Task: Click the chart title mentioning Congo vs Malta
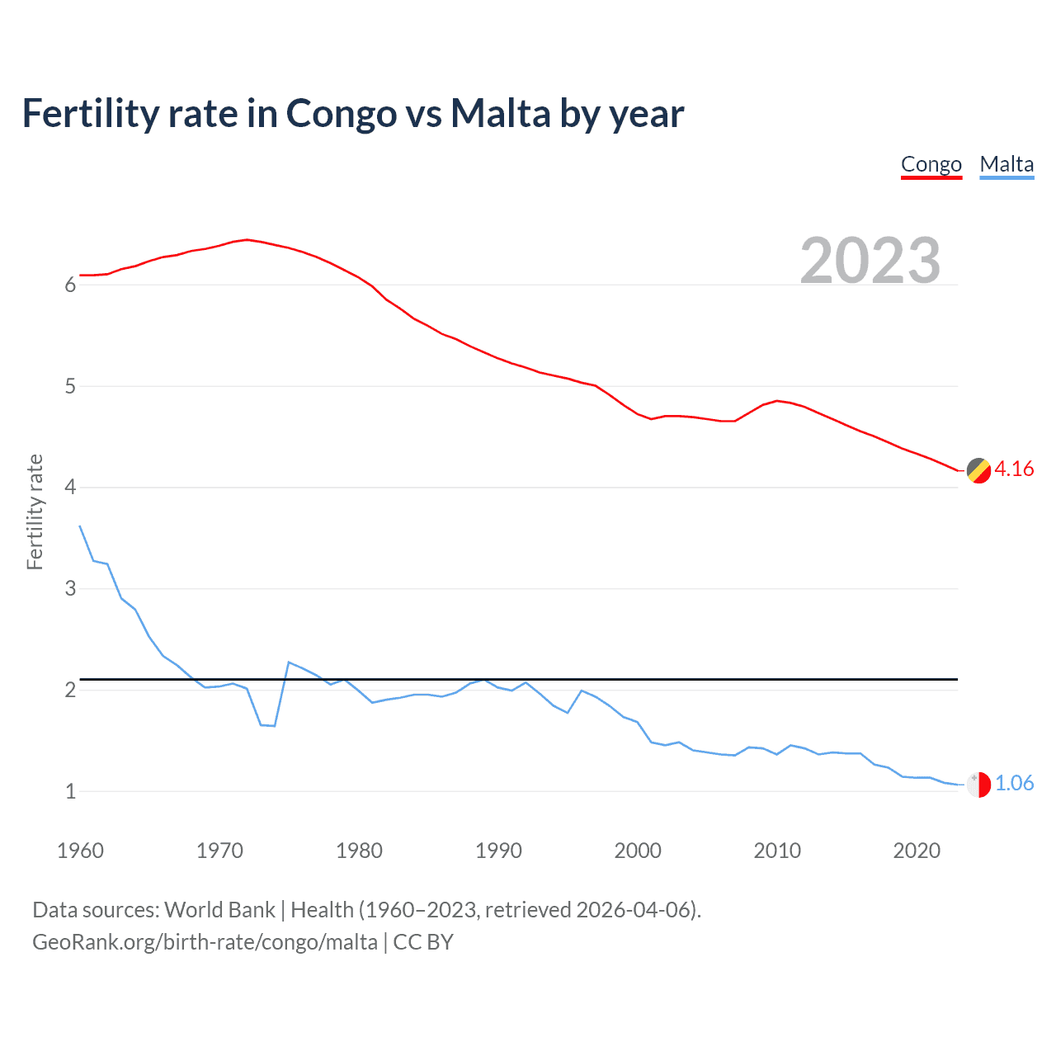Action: click(x=352, y=114)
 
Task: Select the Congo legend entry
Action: click(x=931, y=164)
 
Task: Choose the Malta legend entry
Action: click(x=1006, y=164)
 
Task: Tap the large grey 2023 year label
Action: click(x=870, y=261)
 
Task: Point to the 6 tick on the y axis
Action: click(x=70, y=285)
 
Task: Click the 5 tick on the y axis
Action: click(x=70, y=387)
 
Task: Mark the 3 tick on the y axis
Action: click(x=70, y=589)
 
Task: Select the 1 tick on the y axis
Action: click(x=70, y=792)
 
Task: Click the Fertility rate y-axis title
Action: click(x=35, y=511)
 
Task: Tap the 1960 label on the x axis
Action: click(x=80, y=851)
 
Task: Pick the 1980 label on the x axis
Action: click(x=359, y=851)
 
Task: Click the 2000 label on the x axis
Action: click(x=638, y=851)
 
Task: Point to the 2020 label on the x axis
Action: click(x=917, y=851)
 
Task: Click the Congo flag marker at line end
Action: click(x=978, y=470)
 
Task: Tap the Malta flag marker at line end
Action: click(x=978, y=785)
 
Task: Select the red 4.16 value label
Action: click(x=1014, y=469)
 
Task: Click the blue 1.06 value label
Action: click(x=1014, y=784)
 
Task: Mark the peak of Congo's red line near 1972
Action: click(x=247, y=239)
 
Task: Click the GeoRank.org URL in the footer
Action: click(x=205, y=942)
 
